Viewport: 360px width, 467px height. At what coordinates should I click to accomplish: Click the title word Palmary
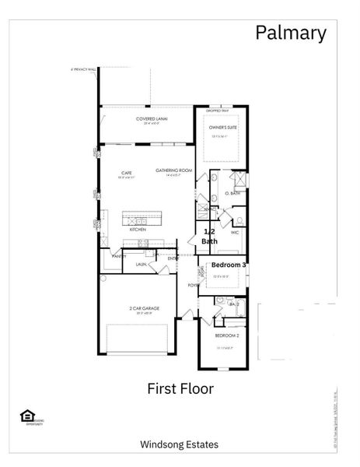click(x=291, y=33)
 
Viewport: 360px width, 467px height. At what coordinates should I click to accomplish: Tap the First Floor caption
click(x=180, y=387)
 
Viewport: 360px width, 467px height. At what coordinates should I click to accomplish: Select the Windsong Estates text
click(x=179, y=444)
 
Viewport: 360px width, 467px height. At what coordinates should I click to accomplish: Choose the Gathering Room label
click(x=173, y=170)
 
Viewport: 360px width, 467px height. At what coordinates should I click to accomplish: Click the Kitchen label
click(x=138, y=230)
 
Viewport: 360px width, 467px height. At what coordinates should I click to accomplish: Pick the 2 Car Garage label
click(x=145, y=308)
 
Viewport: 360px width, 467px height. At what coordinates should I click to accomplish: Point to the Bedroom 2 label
click(x=226, y=336)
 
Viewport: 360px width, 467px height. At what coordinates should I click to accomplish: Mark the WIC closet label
click(x=235, y=233)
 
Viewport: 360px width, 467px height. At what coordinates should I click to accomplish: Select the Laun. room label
click(x=142, y=265)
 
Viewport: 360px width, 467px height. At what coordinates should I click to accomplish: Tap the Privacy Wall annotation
click(x=83, y=69)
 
